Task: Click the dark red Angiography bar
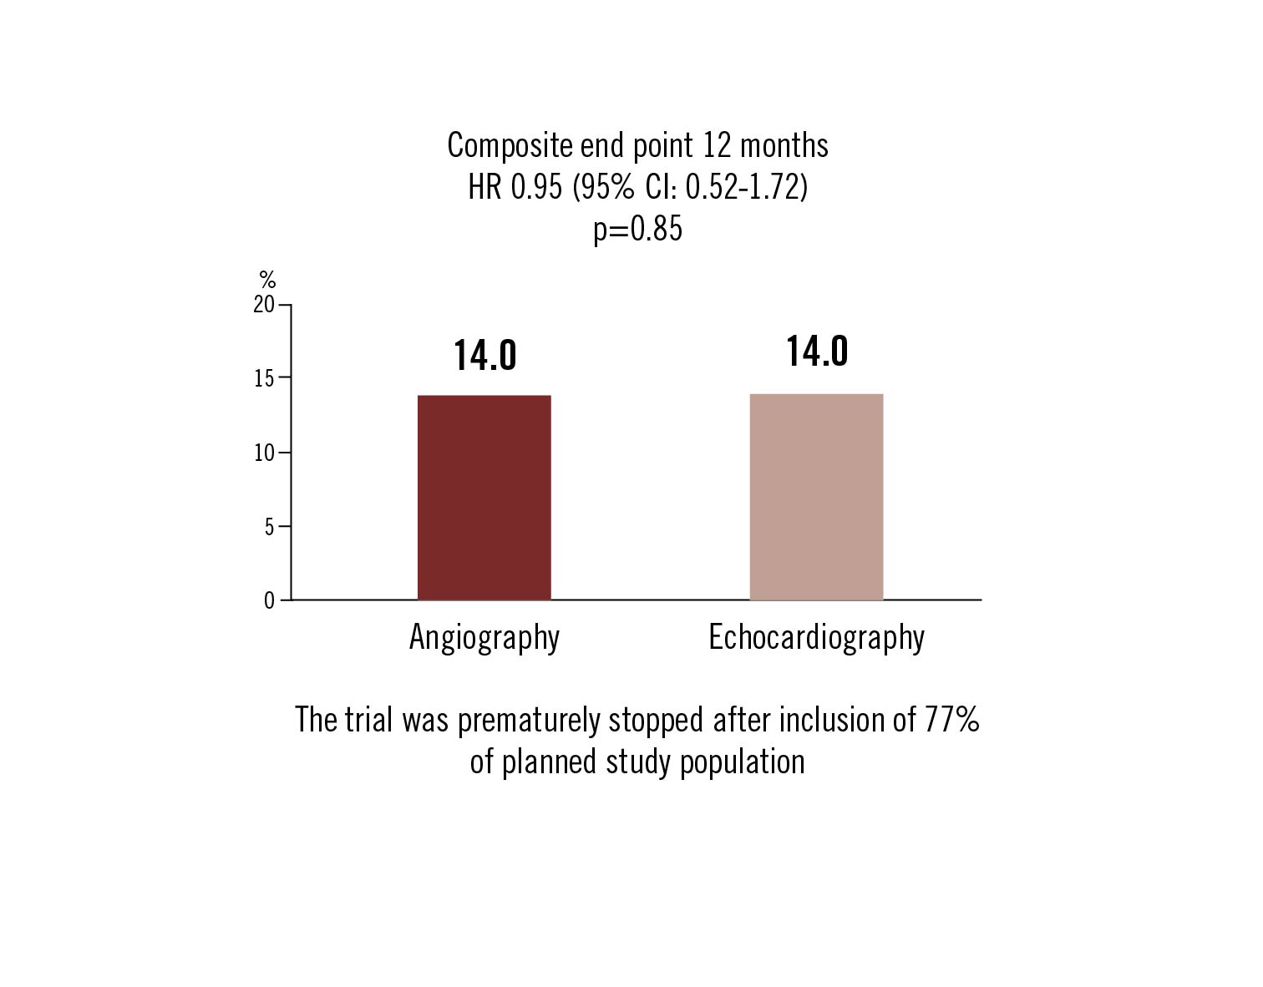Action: (484, 498)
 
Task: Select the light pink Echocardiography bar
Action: (816, 497)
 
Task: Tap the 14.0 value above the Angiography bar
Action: (485, 356)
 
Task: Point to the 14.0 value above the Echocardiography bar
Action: (817, 352)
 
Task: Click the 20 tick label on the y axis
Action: (264, 305)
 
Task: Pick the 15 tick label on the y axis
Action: (264, 378)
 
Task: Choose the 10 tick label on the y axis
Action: (264, 453)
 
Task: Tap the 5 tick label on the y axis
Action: (269, 527)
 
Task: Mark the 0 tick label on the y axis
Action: (269, 600)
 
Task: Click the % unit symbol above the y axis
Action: (267, 280)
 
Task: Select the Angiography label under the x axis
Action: (484, 638)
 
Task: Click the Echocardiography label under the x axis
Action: (816, 638)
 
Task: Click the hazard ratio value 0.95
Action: (536, 188)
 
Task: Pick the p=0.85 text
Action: (637, 229)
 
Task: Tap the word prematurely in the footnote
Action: (529, 721)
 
